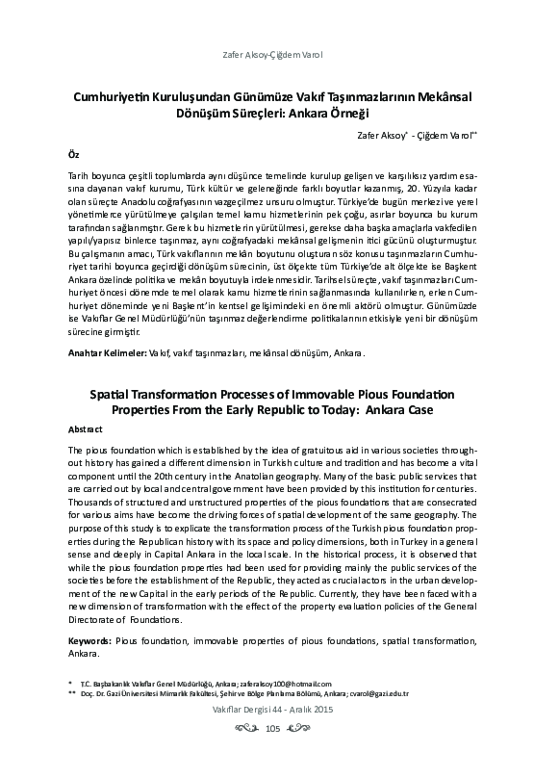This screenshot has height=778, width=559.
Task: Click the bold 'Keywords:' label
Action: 91,640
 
